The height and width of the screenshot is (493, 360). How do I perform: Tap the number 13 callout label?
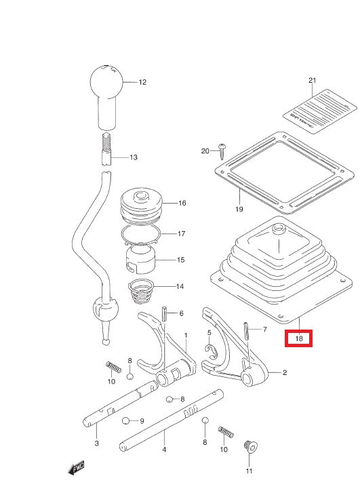click(x=134, y=157)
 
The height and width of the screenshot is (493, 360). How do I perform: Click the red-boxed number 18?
click(x=299, y=337)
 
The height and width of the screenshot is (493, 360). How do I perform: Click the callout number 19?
click(x=239, y=210)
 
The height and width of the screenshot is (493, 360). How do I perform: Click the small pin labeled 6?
click(x=164, y=315)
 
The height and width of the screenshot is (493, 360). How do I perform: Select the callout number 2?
click(x=285, y=373)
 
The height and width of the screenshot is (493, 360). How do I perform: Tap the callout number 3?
click(x=96, y=443)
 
